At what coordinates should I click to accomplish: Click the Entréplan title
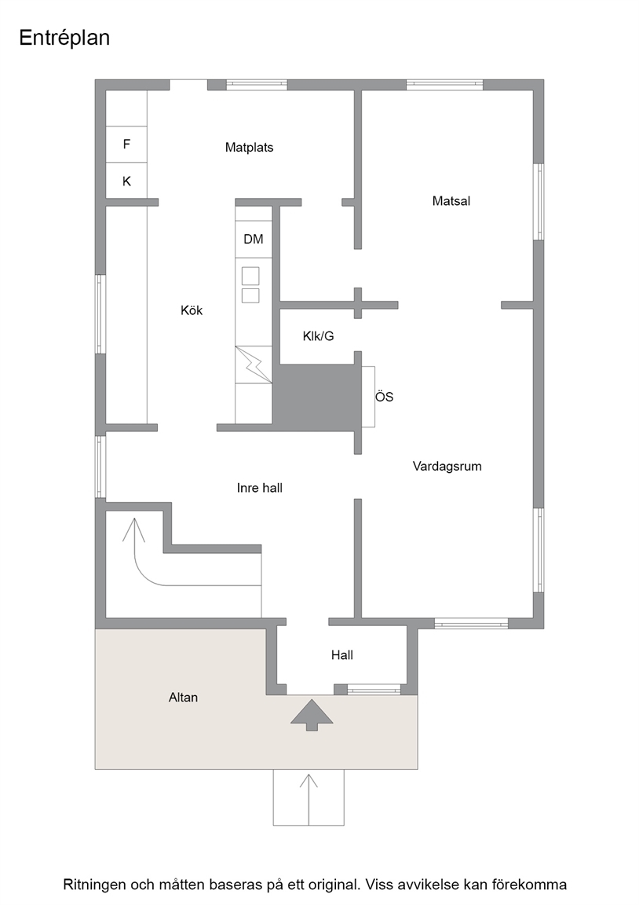64,38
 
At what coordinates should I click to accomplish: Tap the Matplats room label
249,147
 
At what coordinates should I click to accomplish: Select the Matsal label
451,201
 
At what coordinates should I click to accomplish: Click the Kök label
192,310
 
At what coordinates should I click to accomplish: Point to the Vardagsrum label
447,467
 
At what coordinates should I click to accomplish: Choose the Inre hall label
260,488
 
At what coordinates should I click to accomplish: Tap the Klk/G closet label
319,336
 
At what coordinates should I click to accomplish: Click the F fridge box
126,145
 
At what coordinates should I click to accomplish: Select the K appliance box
126,181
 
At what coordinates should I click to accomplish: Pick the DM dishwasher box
254,239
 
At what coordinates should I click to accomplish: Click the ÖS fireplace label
384,397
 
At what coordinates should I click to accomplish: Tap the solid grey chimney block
313,397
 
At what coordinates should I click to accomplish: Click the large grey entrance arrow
312,715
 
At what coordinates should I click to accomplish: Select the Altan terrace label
183,698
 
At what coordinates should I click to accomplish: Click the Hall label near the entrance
342,655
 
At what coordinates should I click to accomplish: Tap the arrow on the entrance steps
309,800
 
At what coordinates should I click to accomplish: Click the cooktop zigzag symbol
254,365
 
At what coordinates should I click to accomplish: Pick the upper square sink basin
250,276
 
